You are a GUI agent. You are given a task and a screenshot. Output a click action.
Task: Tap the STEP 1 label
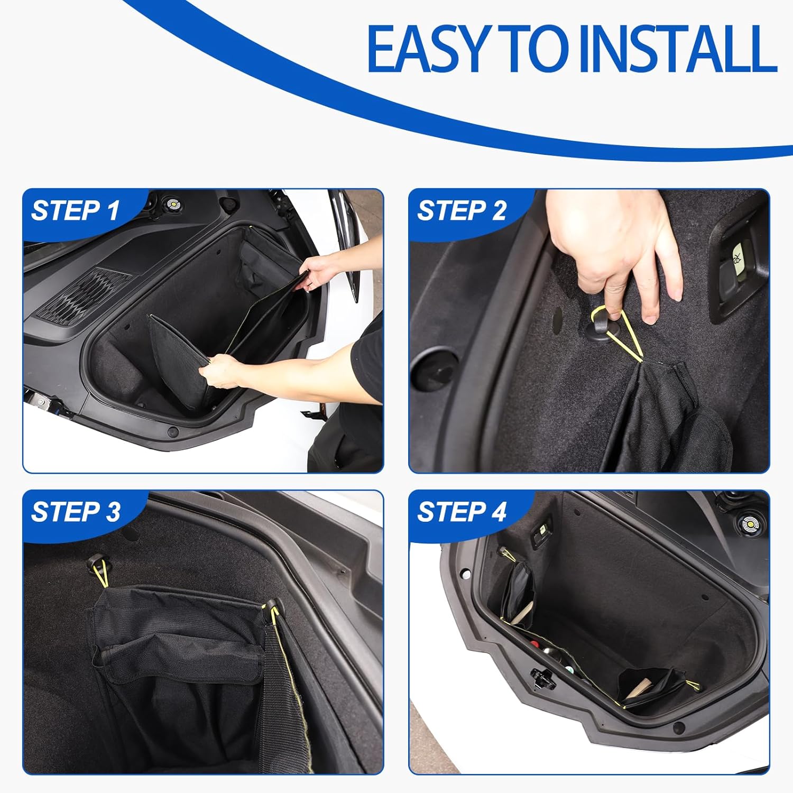[x=76, y=210]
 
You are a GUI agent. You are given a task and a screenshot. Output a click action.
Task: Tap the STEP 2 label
[x=462, y=210]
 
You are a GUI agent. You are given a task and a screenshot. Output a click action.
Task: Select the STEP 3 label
[x=76, y=512]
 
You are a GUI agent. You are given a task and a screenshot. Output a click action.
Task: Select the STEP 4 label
[x=462, y=512]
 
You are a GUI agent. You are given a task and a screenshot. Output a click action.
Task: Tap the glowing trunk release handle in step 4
[x=542, y=530]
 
